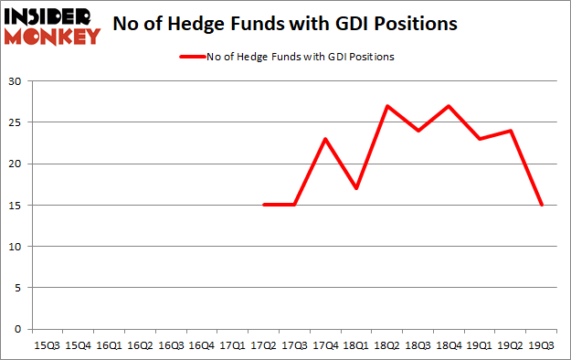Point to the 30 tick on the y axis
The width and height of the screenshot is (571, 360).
pos(16,81)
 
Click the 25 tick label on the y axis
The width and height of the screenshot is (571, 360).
pos(16,122)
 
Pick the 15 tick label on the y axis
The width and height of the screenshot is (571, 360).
pos(16,206)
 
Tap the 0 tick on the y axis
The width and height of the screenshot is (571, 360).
pos(18,329)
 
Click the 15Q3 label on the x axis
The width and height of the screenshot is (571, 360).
pos(47,345)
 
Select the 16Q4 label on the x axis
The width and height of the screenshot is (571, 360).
pos(202,345)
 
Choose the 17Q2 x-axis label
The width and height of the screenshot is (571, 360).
pos(264,345)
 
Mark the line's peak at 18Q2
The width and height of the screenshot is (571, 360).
pos(388,106)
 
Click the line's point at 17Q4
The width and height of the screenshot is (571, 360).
pos(326,139)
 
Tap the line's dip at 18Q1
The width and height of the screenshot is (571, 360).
pos(357,188)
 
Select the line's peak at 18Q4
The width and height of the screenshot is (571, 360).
pos(449,106)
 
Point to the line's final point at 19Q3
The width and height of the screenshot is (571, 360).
pos(543,205)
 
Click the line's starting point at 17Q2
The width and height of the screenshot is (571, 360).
pos(264,205)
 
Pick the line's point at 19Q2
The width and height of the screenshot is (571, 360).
pos(512,131)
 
